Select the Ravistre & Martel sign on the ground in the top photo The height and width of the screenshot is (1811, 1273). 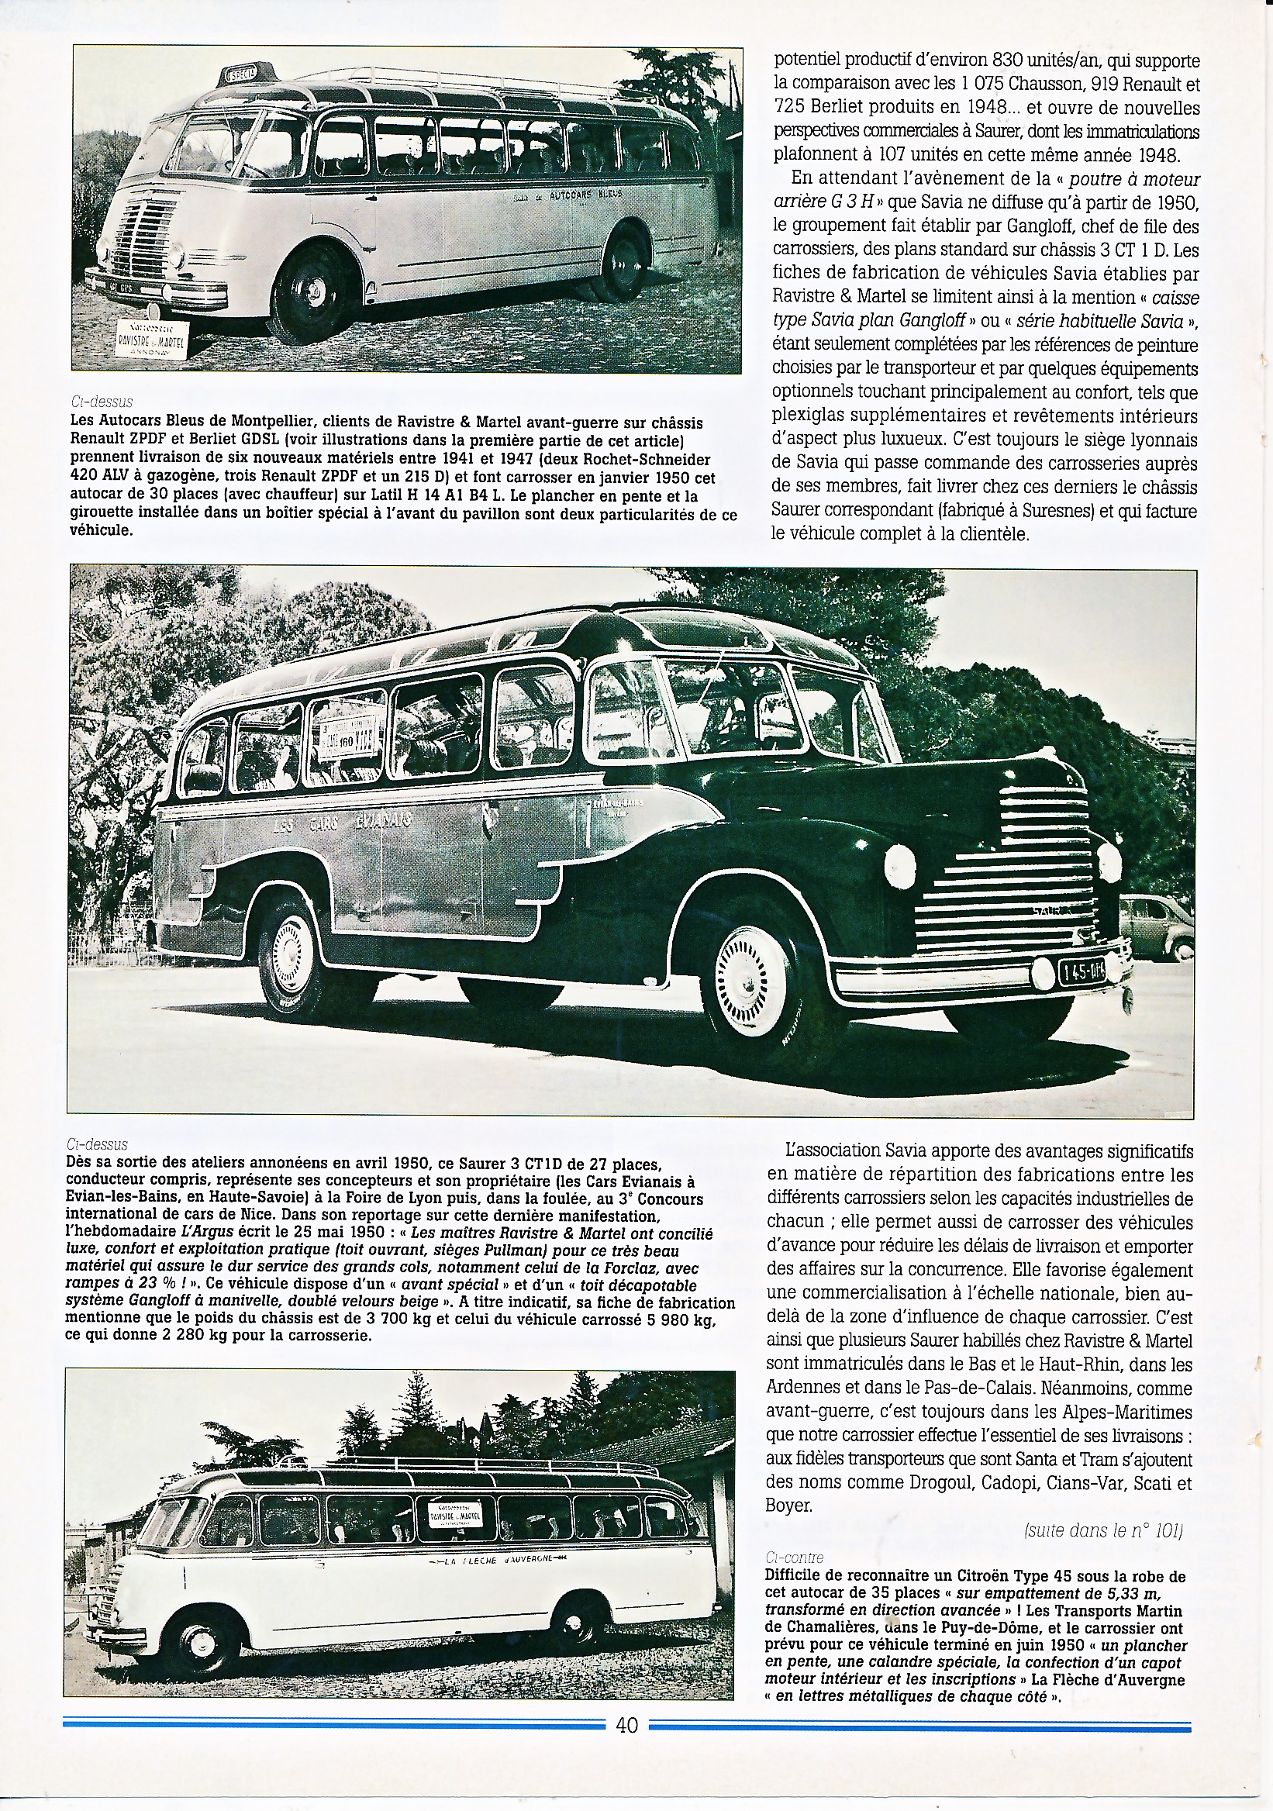pyautogui.click(x=150, y=337)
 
